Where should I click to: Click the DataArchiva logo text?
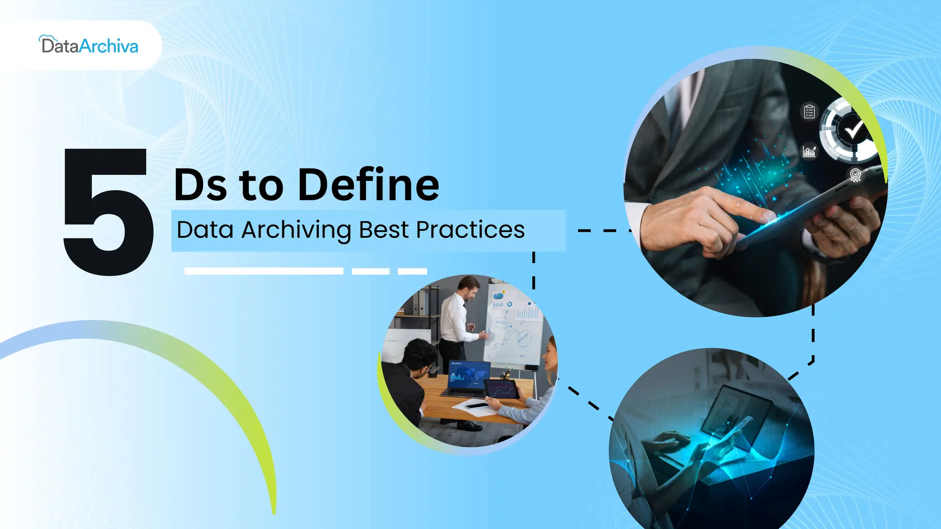click(x=90, y=46)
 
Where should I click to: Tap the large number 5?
click(x=108, y=212)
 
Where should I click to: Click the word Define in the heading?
click(x=368, y=185)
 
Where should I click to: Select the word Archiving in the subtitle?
click(x=296, y=230)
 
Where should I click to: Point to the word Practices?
click(x=470, y=230)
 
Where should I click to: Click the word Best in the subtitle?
click(x=384, y=230)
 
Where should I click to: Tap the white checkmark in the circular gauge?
click(x=854, y=130)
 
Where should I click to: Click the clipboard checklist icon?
click(x=809, y=112)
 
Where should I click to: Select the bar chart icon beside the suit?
click(x=809, y=151)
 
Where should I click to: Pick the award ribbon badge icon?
click(x=855, y=175)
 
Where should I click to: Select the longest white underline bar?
click(x=264, y=271)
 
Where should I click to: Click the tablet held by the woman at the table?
click(x=502, y=390)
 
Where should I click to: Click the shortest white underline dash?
click(x=412, y=271)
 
